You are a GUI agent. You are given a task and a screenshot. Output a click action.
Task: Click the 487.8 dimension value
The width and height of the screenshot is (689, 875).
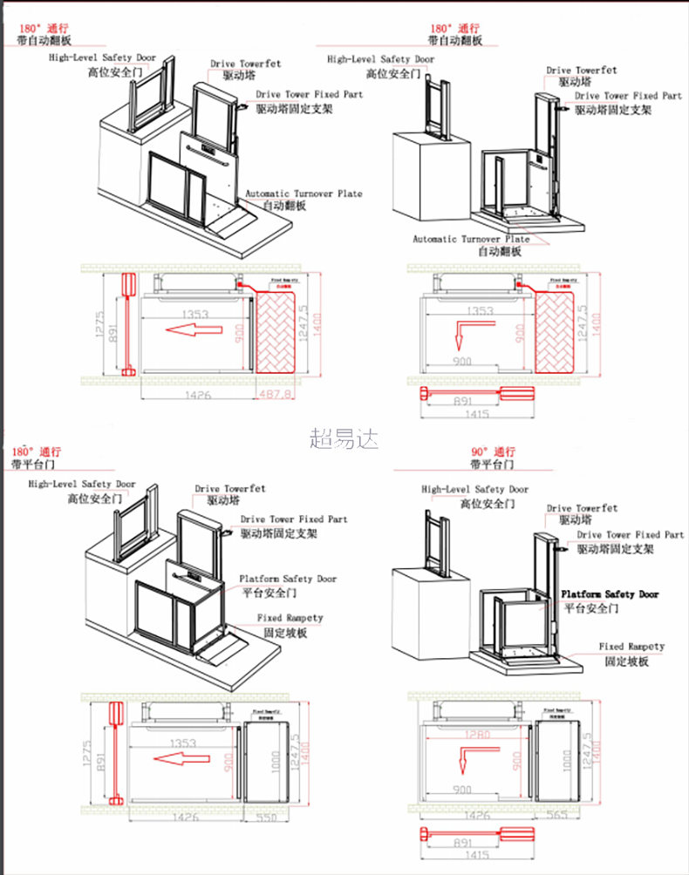[x=273, y=395]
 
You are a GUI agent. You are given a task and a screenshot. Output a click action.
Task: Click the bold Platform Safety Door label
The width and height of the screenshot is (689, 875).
[x=611, y=594]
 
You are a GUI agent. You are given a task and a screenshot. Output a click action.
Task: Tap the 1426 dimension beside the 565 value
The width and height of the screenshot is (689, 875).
[x=476, y=817]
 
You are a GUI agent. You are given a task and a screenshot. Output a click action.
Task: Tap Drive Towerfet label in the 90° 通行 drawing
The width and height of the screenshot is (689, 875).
[x=582, y=508]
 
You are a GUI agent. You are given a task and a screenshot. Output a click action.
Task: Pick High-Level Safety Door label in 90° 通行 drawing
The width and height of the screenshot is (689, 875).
[x=474, y=490]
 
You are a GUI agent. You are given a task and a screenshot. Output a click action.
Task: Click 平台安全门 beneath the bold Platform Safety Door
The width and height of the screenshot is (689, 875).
[x=593, y=607]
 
